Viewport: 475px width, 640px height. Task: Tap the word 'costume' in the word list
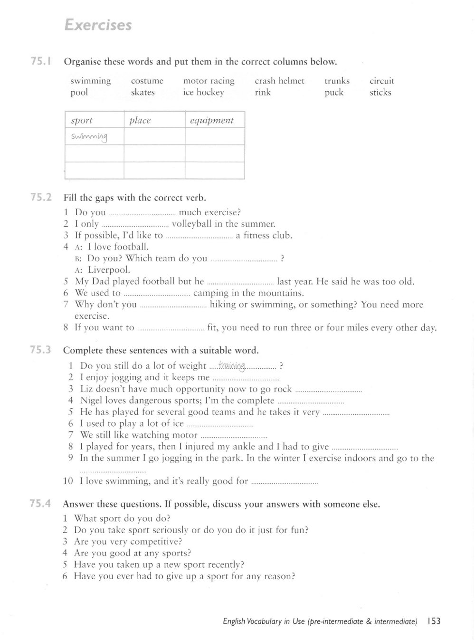tap(147, 81)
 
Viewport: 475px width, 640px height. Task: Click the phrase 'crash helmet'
tap(279, 81)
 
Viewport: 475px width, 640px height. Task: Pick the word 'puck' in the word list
tap(333, 92)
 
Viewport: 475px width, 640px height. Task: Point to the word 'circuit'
tap(382, 81)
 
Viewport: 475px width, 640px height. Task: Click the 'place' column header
tap(140, 120)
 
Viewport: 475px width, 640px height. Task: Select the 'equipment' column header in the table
tap(211, 120)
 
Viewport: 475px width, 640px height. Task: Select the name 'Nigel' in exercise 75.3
tap(92, 400)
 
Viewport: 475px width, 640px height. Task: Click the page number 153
tap(434, 621)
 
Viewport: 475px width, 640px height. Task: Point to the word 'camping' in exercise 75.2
tap(211, 293)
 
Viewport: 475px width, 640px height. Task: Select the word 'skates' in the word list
tap(142, 92)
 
